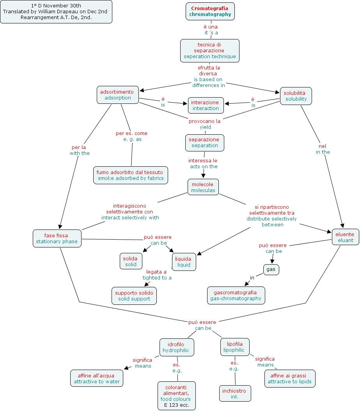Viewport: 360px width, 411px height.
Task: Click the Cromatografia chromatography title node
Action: [210, 11]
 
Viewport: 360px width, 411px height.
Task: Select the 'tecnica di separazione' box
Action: [210, 51]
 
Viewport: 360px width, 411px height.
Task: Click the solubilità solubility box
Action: [296, 96]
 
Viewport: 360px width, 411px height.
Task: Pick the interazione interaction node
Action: [206, 105]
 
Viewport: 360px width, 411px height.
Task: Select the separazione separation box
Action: [205, 142]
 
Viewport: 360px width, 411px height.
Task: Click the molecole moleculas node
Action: [203, 187]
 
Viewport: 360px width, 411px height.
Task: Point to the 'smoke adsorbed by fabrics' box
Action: [131, 175]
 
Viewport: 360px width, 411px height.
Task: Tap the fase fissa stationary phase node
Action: [57, 238]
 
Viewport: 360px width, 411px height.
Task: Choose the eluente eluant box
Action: [345, 237]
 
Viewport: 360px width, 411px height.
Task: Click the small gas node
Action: [271, 269]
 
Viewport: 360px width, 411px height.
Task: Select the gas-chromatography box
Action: [236, 295]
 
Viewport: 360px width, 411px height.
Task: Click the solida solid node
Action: [131, 262]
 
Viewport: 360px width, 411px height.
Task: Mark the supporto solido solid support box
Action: [134, 296]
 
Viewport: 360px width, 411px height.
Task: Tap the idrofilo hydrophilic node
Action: [176, 347]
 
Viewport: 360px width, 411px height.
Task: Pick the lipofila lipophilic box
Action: [234, 347]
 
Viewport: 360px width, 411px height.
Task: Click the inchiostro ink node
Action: [235, 393]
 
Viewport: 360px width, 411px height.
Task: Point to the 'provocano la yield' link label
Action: [205, 124]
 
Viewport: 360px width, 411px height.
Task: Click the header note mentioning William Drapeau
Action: [56, 12]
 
